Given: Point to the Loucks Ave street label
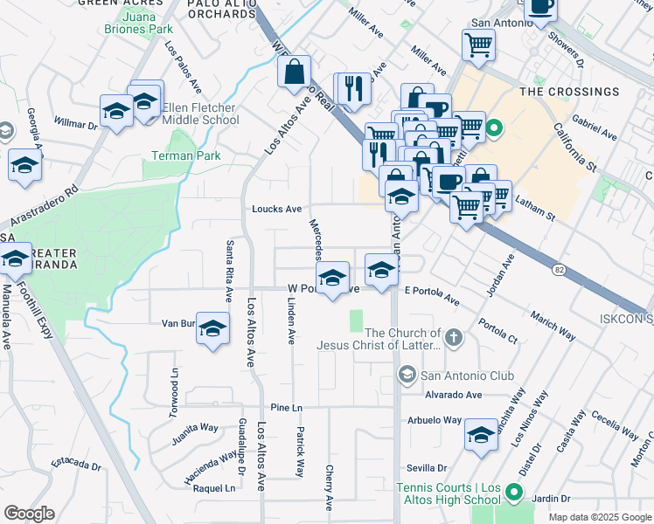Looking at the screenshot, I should pyautogui.click(x=276, y=210).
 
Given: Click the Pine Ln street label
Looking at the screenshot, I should pyautogui.click(x=286, y=408).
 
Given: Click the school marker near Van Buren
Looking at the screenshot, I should pyautogui.click(x=211, y=328).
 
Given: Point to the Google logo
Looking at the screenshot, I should pyautogui.click(x=29, y=514).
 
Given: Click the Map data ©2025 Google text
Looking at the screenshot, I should pyautogui.click(x=600, y=517).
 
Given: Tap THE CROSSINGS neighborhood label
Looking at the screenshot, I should pyautogui.click(x=569, y=92).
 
